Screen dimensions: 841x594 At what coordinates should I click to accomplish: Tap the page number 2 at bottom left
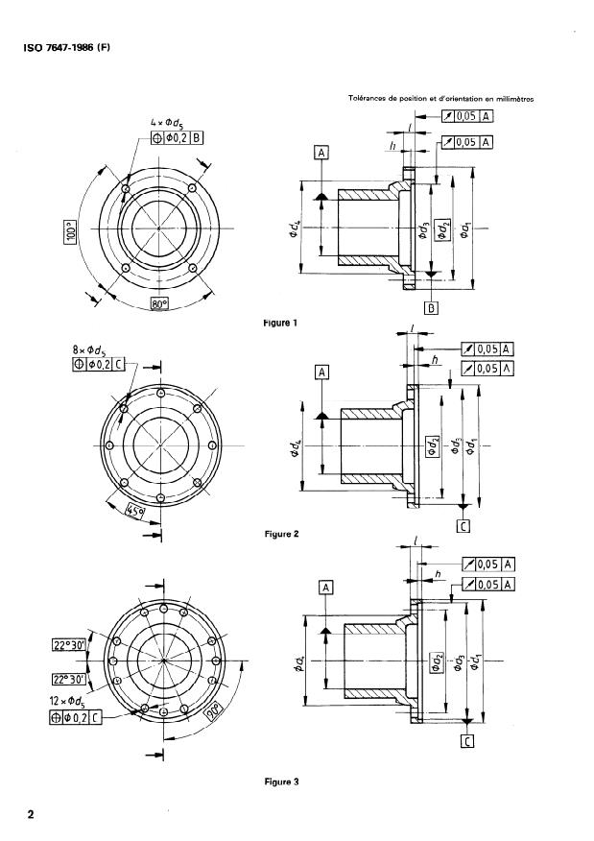32,815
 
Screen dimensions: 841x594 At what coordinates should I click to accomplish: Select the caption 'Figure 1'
278,324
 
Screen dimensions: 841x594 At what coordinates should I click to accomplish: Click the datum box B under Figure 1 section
432,307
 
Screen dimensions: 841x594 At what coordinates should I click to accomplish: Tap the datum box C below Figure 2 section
463,525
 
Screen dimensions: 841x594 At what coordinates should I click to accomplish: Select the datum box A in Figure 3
327,586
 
